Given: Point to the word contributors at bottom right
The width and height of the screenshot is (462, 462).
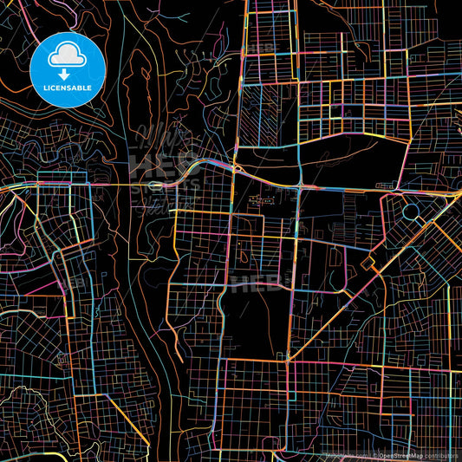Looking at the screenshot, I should (x=441, y=453).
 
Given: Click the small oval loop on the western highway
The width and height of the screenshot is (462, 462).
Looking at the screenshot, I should (x=154, y=185).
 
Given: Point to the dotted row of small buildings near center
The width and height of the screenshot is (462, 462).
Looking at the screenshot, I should (x=259, y=199).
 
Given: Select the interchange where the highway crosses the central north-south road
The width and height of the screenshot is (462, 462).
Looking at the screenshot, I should (x=298, y=185).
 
